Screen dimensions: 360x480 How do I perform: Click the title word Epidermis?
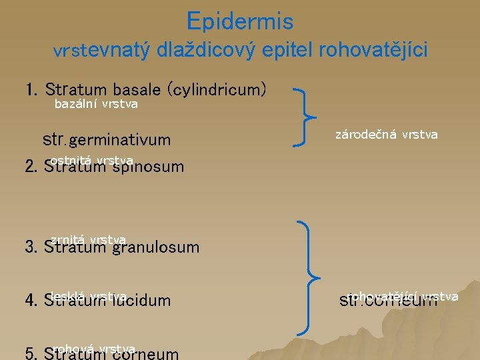240,21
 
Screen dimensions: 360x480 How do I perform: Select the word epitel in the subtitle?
289,50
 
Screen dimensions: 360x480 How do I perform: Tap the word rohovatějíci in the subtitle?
373,50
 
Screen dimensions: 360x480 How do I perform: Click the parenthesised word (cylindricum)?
219,89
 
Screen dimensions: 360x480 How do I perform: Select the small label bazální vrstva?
96,104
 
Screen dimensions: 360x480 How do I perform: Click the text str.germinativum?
107,140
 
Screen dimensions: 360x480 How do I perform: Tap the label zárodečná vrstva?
386,135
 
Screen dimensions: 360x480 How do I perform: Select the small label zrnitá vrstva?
88,239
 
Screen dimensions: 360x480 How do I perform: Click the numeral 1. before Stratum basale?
31,89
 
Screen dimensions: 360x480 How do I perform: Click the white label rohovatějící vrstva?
403,295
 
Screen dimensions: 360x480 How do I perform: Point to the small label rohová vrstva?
94,348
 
